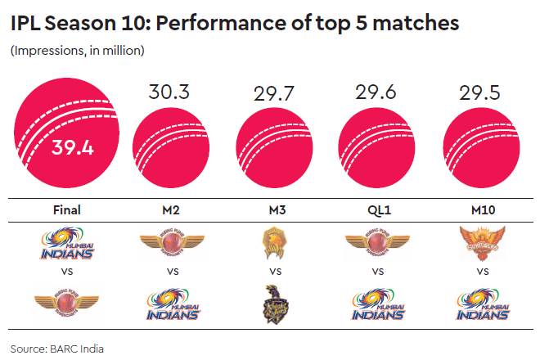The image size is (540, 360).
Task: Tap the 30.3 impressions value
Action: point(169,92)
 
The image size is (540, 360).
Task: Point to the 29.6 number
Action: point(376,92)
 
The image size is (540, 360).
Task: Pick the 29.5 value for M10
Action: point(479,92)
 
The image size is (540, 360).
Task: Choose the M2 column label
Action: point(170,209)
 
